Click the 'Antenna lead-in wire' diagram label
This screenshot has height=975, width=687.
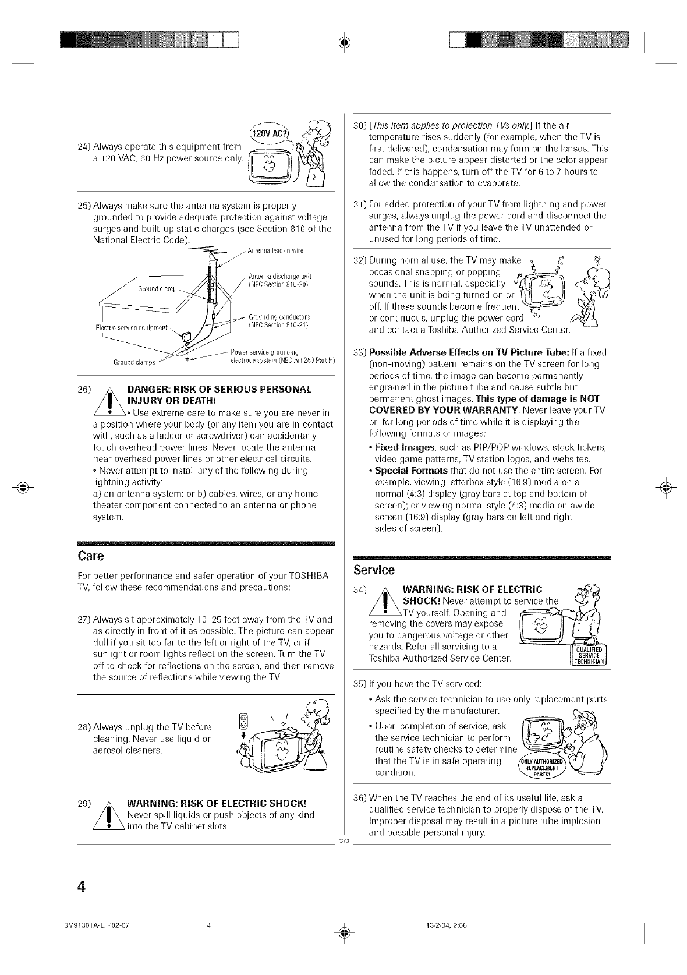pyautogui.click(x=275, y=251)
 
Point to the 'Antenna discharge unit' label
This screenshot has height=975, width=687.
pyautogui.click(x=277, y=276)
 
